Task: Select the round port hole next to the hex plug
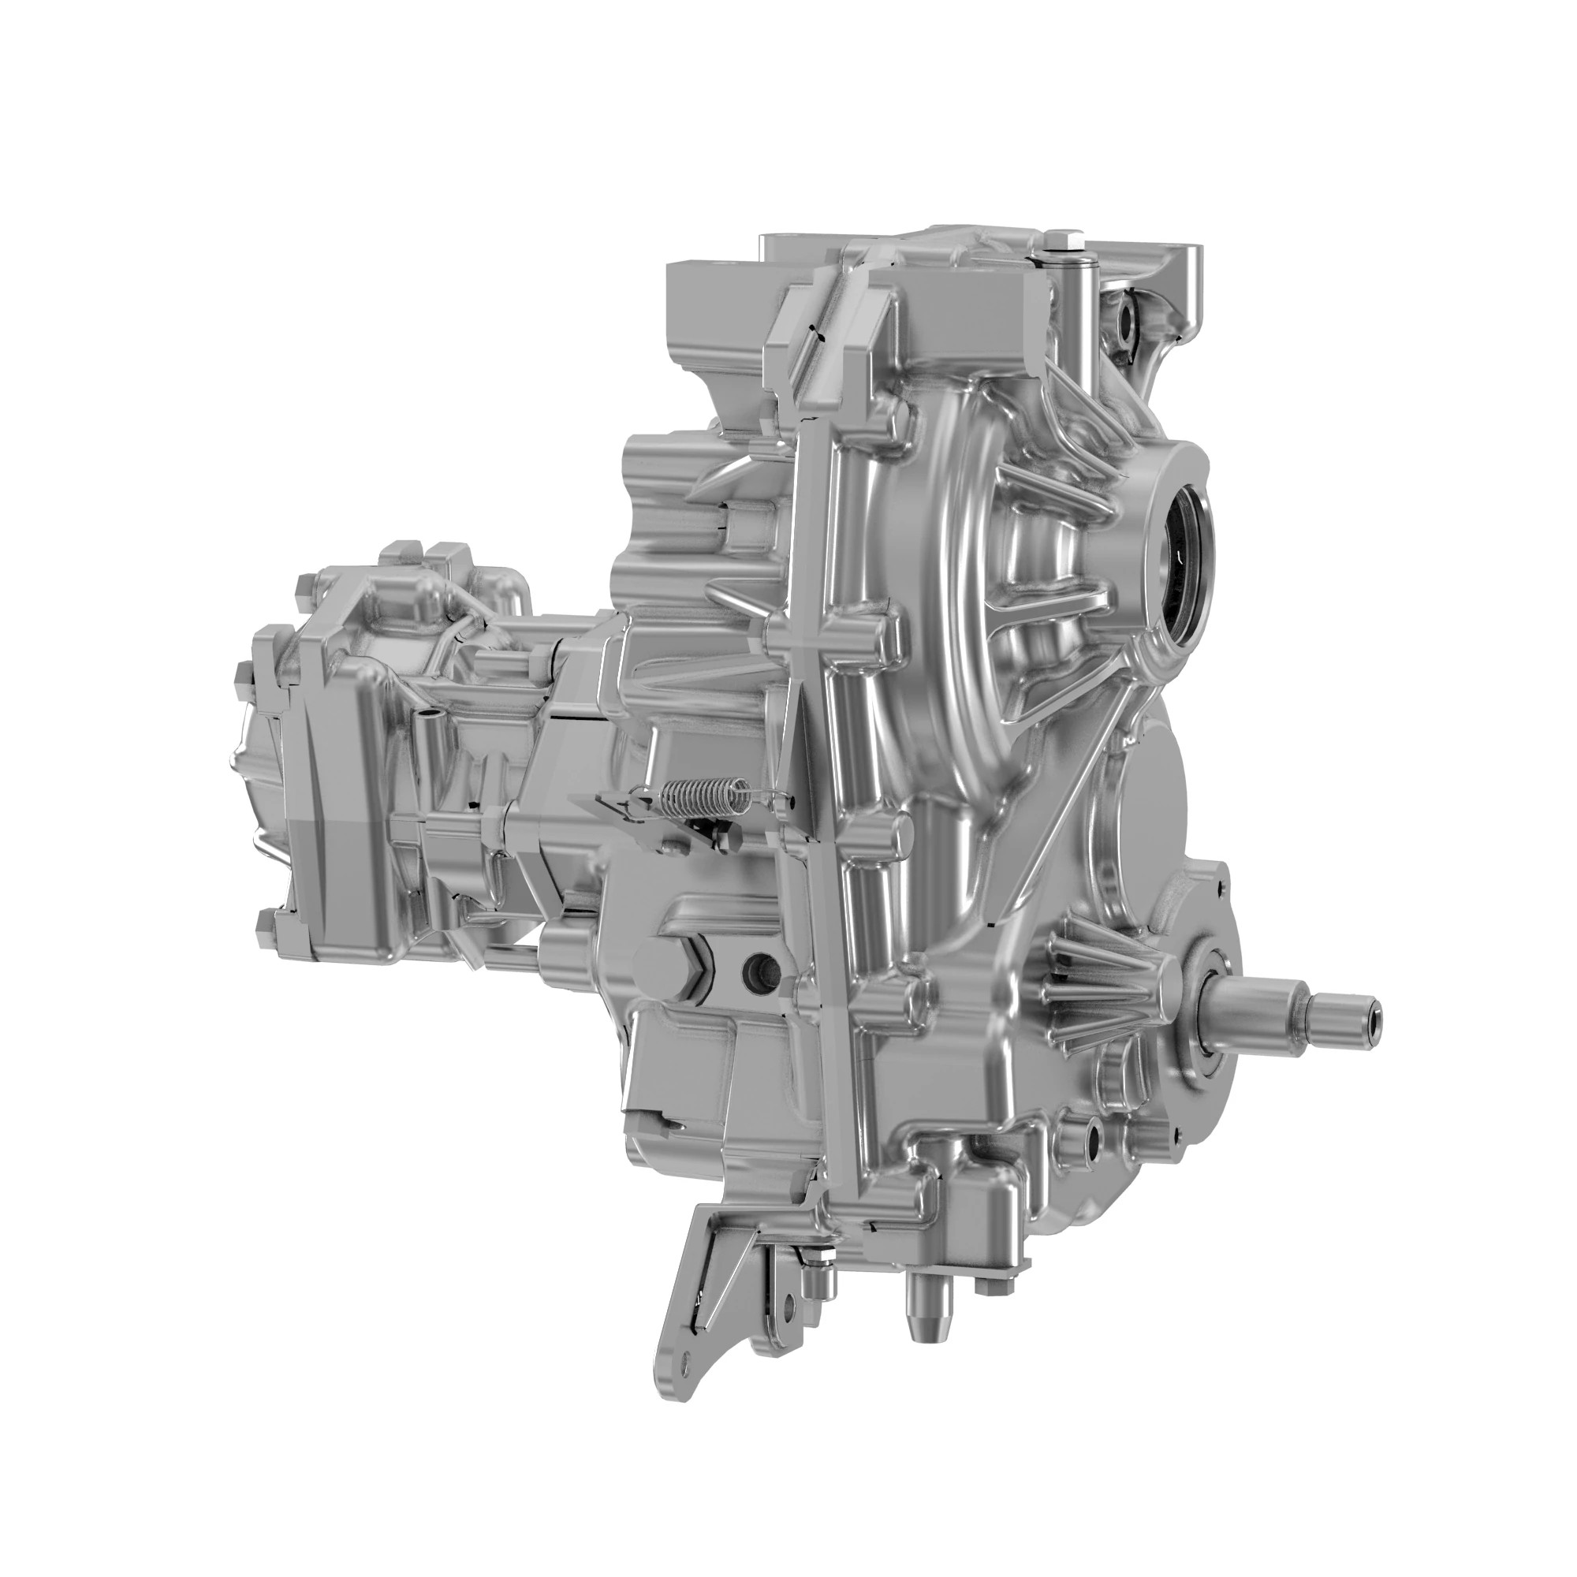coord(762,968)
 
